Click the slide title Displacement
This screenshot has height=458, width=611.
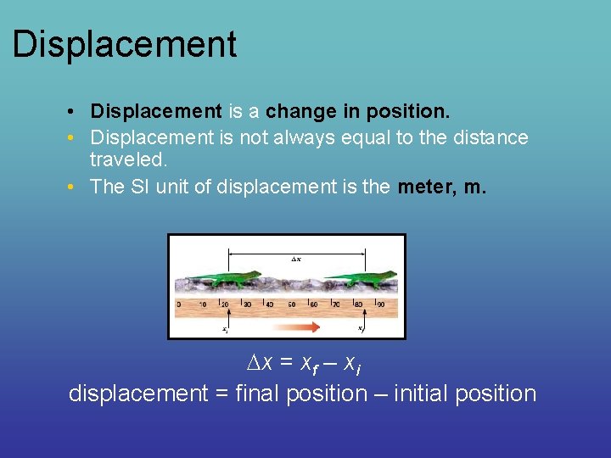(124, 44)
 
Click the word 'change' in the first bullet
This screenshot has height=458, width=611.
(297, 111)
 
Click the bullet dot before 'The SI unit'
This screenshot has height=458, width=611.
(76, 187)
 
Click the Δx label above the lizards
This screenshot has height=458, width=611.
(295, 258)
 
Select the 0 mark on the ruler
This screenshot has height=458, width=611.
(178, 304)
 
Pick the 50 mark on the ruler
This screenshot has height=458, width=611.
(291, 304)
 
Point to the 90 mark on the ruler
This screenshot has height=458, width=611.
(380, 304)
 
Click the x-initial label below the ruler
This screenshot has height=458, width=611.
(224, 329)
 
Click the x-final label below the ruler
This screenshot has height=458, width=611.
(361, 329)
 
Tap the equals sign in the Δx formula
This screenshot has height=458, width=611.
(286, 363)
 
